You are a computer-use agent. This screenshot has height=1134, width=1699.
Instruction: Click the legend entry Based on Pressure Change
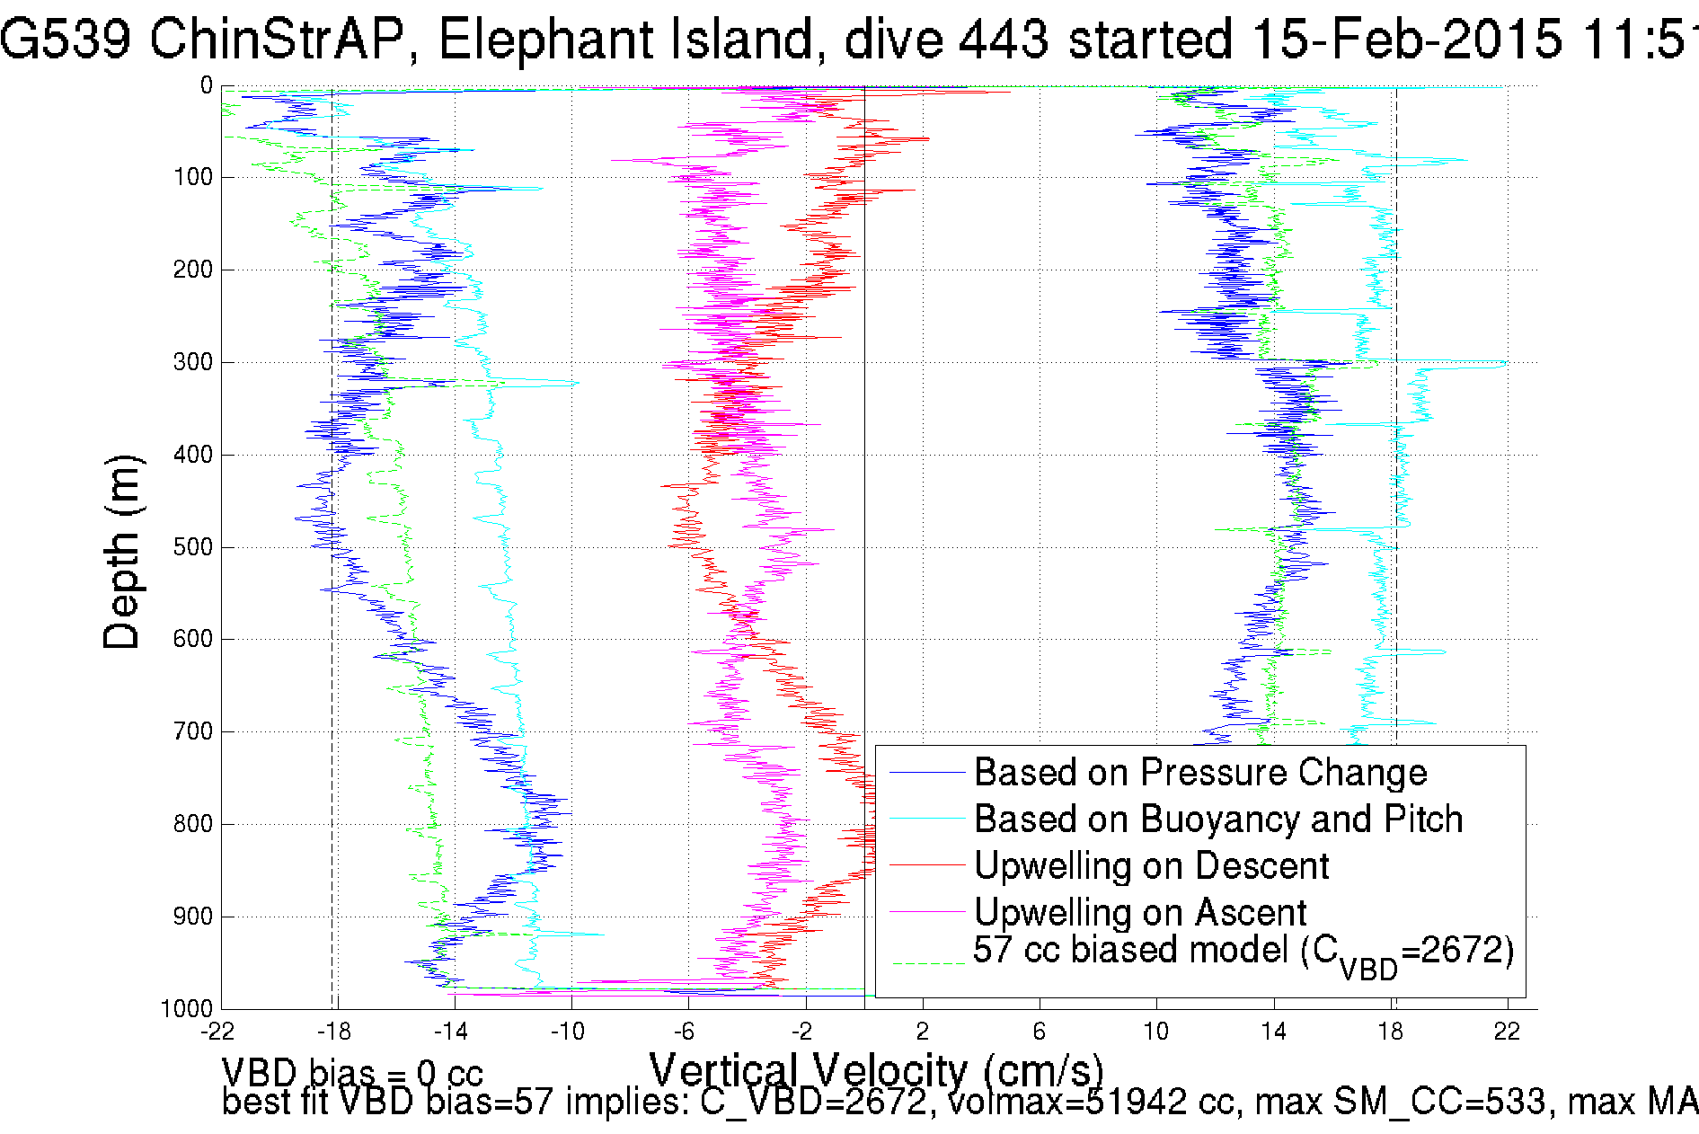(x=1200, y=773)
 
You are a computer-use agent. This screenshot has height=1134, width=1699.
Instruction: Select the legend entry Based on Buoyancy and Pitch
(x=1218, y=819)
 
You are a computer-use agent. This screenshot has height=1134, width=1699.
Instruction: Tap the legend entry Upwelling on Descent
(x=1151, y=866)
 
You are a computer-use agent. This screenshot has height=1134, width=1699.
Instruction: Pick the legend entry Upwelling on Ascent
(x=1140, y=913)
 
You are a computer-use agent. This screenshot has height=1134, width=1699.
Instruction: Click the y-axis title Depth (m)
(x=123, y=552)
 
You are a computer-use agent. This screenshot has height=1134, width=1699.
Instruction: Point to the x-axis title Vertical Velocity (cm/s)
(x=876, y=1070)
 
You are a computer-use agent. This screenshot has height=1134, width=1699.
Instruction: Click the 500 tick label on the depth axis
(x=193, y=547)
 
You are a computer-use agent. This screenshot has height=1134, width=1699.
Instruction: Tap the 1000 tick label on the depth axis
(x=187, y=1008)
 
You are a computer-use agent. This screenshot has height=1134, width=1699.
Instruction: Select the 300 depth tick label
(x=193, y=362)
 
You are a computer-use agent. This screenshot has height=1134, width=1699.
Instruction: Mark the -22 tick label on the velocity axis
(x=218, y=1032)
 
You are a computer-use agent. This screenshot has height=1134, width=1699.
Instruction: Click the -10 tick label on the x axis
(x=568, y=1032)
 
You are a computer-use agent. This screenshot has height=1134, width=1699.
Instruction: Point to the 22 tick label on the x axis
(x=1507, y=1032)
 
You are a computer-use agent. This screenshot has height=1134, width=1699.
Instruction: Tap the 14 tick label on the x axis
(x=1273, y=1032)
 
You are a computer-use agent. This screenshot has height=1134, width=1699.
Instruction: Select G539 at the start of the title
(x=66, y=40)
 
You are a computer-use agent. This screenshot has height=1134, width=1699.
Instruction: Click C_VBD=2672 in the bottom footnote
(x=813, y=1102)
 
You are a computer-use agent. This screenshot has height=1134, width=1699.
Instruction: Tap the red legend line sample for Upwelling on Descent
(x=926, y=865)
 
